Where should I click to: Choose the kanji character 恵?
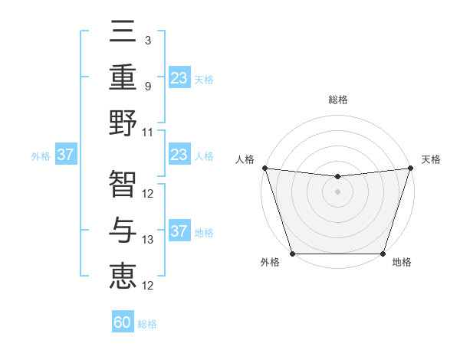coord(123,274)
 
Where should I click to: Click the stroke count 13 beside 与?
coord(148,240)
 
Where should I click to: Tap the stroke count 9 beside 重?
coord(147,87)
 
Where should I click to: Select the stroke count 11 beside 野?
coord(148,132)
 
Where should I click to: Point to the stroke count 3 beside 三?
coord(147,40)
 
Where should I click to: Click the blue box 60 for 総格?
coord(123,322)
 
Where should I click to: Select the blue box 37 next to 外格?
coord(66,155)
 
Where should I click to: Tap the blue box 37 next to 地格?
coord(179,231)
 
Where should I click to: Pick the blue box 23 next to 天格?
coord(179,78)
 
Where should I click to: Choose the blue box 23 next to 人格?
coord(179,155)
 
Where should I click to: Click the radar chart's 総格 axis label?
coord(337,100)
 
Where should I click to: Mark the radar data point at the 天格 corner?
coord(410,168)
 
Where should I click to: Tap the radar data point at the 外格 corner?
coord(292,254)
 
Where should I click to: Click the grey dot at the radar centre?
coord(337,191)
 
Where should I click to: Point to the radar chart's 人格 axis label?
coord(246,159)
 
